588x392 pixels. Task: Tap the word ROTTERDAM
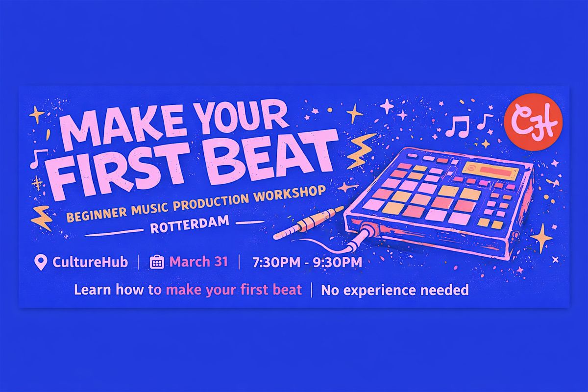pos(190,224)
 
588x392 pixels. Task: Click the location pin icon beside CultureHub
pos(41,262)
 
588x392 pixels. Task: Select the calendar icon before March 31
pos(157,262)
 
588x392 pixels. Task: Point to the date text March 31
pos(198,262)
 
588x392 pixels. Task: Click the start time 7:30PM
pos(276,262)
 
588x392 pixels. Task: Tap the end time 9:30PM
pos(337,262)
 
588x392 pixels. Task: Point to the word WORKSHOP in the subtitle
pos(290,194)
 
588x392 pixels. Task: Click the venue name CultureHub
pos(90,262)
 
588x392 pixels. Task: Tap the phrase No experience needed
pos(395,290)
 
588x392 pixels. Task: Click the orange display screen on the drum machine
pos(490,170)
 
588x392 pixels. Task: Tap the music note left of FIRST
pos(38,158)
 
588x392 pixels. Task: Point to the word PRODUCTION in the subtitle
pos(211,203)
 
